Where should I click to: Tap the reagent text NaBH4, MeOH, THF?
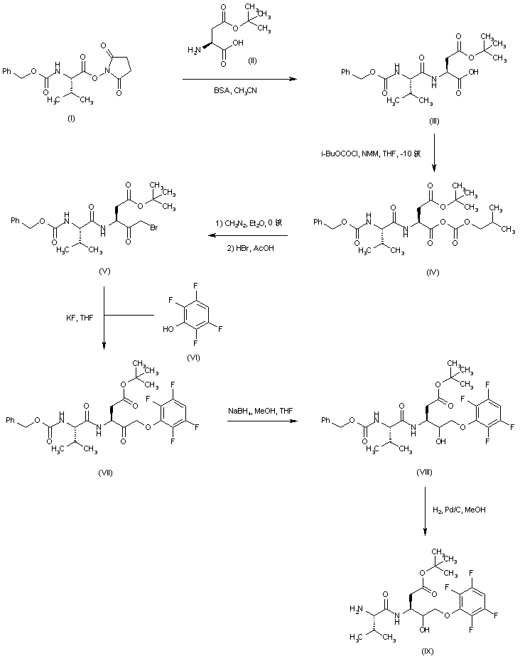coord(261,412)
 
